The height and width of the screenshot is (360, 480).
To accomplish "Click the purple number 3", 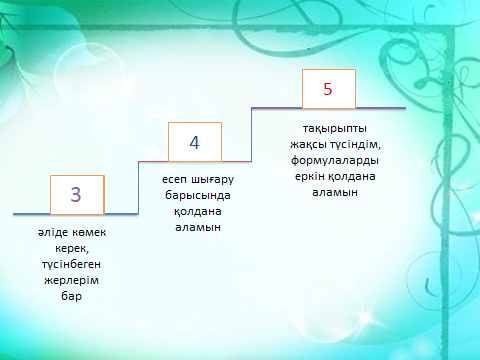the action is [76, 194].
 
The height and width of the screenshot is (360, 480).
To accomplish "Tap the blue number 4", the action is [195, 142].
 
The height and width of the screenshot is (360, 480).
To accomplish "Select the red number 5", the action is [328, 89].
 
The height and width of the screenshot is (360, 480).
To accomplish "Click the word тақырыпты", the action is [335, 129].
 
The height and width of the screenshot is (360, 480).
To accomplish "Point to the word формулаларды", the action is [335, 160].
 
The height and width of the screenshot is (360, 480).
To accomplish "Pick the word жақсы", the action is [308, 145].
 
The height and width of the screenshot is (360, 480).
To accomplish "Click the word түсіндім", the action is [356, 145].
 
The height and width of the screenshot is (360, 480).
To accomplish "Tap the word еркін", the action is [310, 176].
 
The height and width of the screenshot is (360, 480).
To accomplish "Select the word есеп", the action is [175, 180].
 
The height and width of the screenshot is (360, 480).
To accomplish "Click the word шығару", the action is [213, 180].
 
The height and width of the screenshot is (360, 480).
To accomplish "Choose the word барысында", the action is [198, 195].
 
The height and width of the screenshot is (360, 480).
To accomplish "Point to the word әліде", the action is [53, 232].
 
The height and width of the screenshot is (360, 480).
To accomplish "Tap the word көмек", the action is [89, 232].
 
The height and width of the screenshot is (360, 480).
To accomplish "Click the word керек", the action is [72, 249].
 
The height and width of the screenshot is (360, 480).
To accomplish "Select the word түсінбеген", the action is [71, 265].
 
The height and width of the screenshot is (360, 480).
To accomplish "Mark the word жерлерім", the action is [71, 280].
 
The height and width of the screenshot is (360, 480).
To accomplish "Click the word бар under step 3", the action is [71, 296].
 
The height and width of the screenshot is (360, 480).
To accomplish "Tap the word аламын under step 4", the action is [198, 227].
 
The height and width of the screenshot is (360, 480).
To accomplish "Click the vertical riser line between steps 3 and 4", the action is [138, 188].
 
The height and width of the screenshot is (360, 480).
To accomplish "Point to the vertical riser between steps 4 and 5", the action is [251, 135].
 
